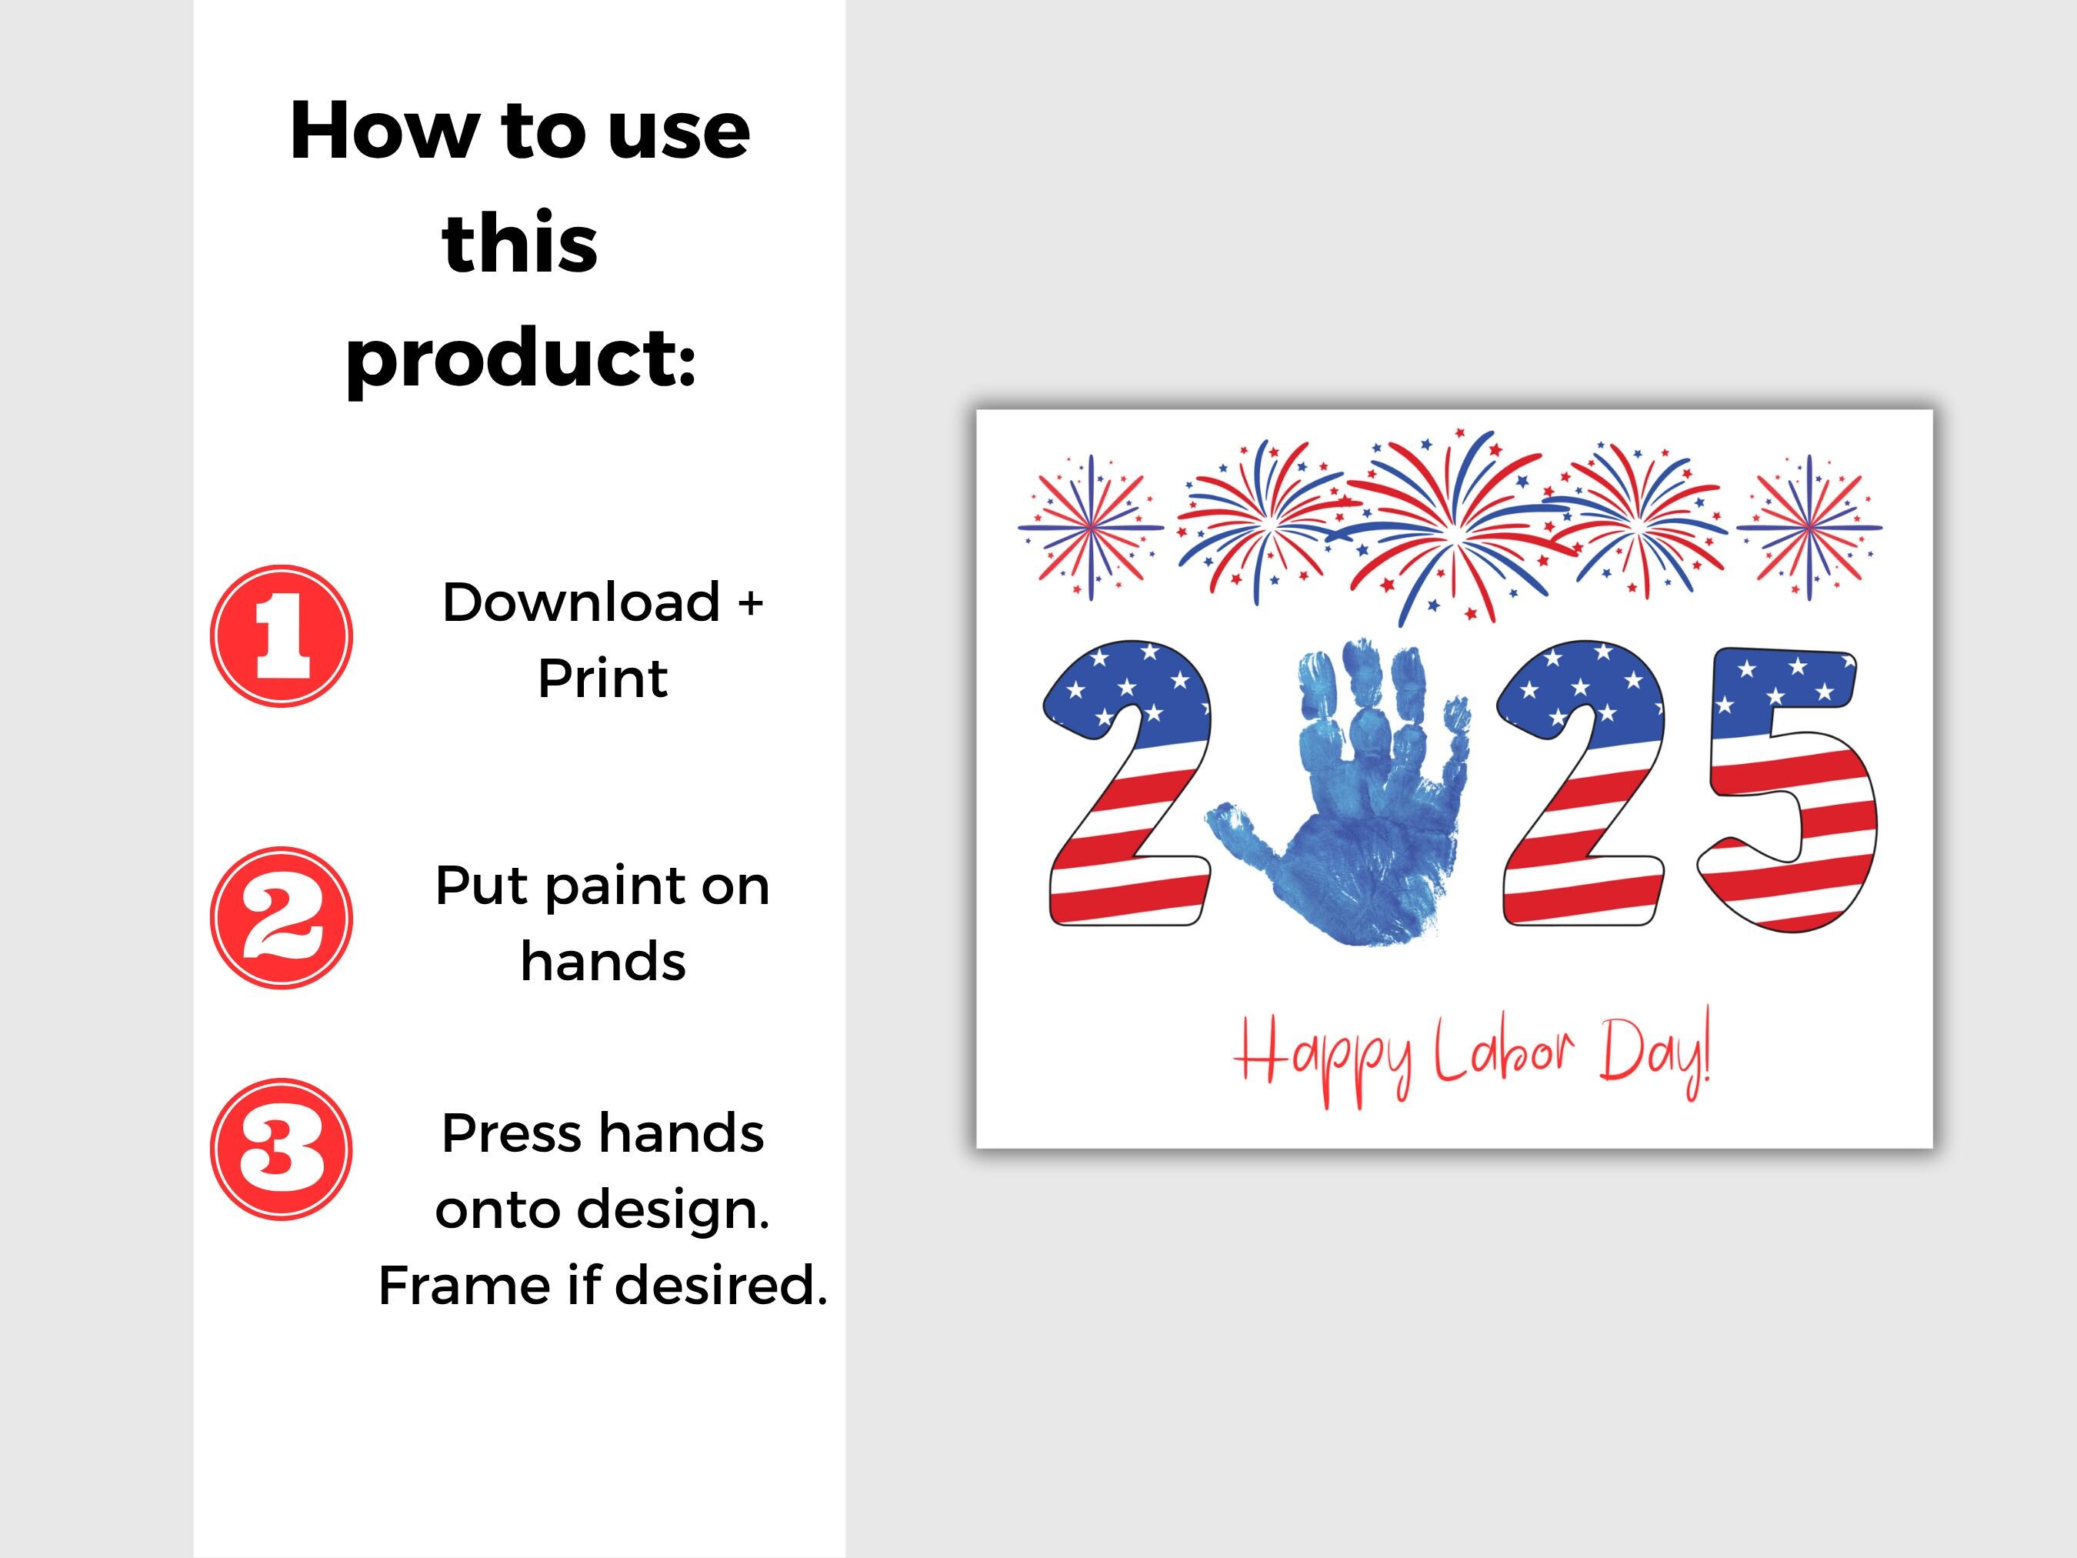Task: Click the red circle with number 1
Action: coord(281,636)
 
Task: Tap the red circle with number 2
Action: coord(281,918)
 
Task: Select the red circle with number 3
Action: coord(281,1149)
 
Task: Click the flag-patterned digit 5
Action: coord(1789,789)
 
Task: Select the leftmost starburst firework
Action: coord(1091,528)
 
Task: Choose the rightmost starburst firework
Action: coord(1809,528)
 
